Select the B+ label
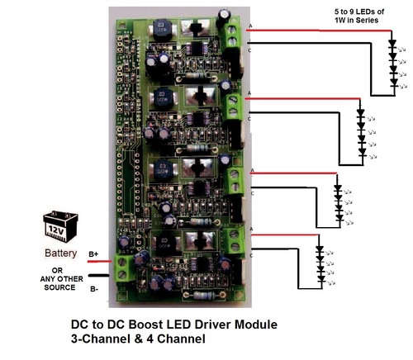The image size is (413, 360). tap(93, 256)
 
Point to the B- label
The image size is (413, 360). tap(93, 288)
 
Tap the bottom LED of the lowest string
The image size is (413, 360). tap(320, 279)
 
